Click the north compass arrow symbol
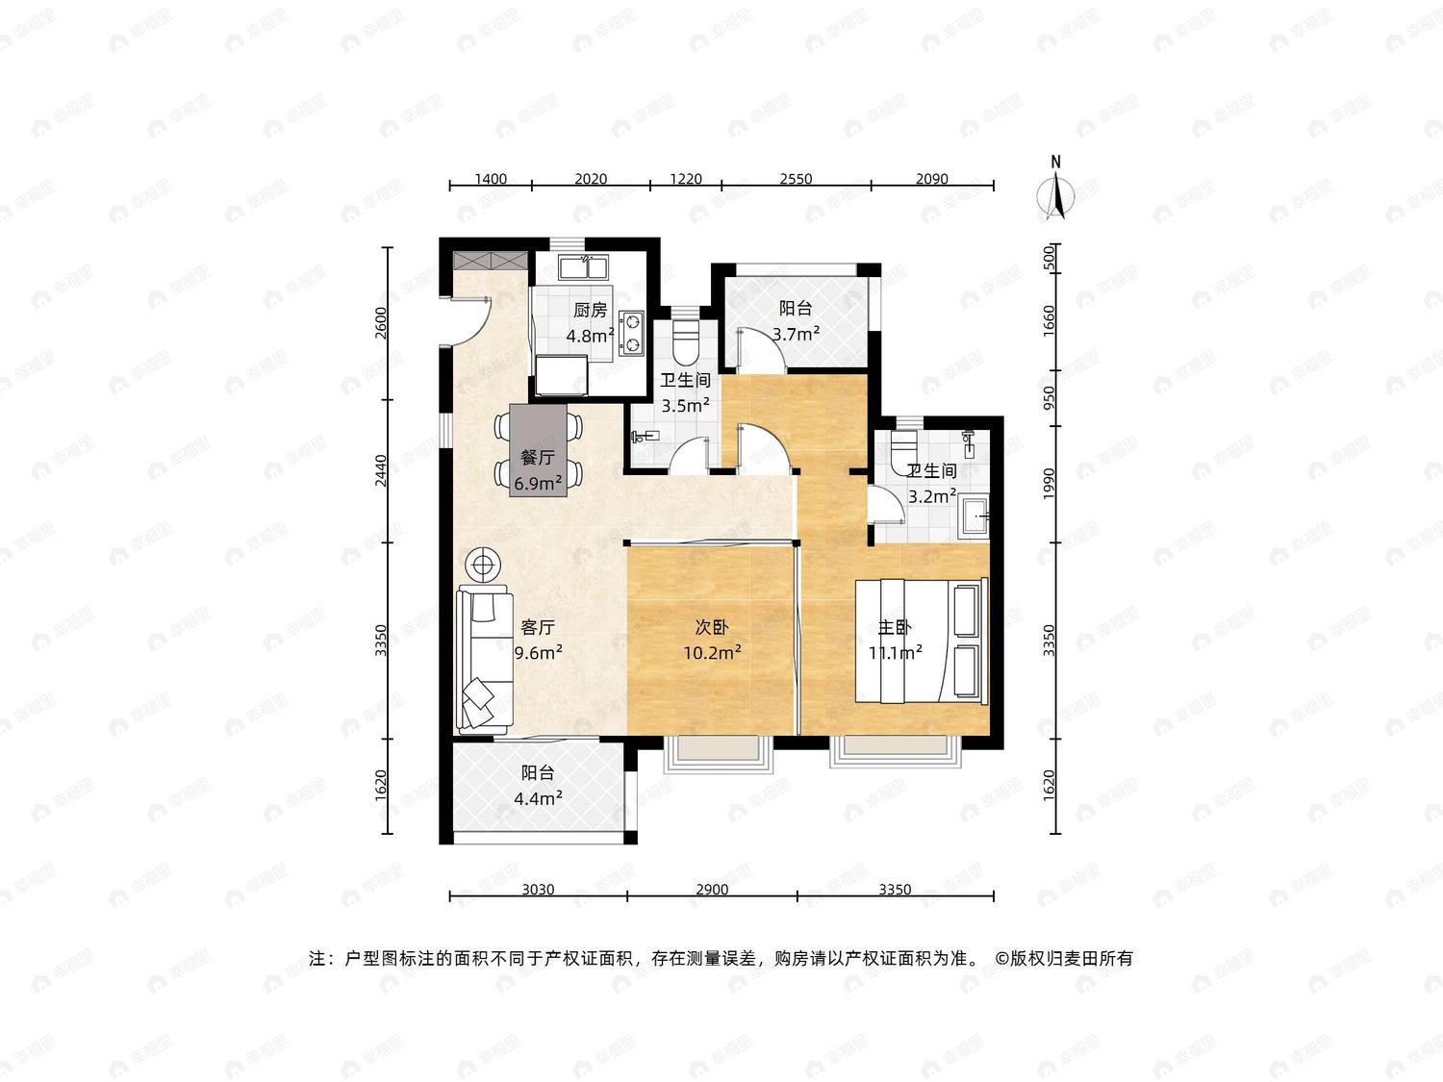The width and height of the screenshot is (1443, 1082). click(1055, 194)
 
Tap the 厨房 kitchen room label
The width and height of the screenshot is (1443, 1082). click(590, 310)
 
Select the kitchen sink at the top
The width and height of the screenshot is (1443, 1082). click(582, 268)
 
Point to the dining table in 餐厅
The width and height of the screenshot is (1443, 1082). click(539, 451)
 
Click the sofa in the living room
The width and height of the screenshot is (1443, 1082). click(485, 660)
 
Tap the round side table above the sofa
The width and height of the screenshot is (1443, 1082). click(483, 565)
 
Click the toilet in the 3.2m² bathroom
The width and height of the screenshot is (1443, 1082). click(903, 448)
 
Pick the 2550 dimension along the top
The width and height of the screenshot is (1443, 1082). click(797, 179)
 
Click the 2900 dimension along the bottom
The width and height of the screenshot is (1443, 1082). click(712, 890)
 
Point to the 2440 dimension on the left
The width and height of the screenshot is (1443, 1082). click(381, 471)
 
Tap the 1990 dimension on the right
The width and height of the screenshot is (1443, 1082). click(1049, 483)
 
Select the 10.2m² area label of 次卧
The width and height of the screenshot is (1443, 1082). click(713, 652)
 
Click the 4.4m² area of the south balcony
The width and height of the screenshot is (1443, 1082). click(538, 798)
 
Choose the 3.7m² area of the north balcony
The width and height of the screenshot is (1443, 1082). click(796, 334)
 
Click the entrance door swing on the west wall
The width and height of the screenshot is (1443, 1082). click(471, 322)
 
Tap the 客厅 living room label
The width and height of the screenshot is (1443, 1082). click(537, 627)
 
